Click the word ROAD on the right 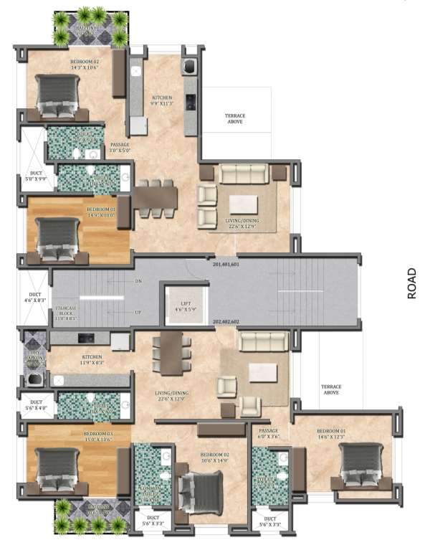coord(411,283)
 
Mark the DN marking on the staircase coord(138,280)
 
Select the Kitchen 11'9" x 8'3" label coord(92,359)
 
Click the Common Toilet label coord(150,494)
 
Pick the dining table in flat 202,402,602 coord(171,352)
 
